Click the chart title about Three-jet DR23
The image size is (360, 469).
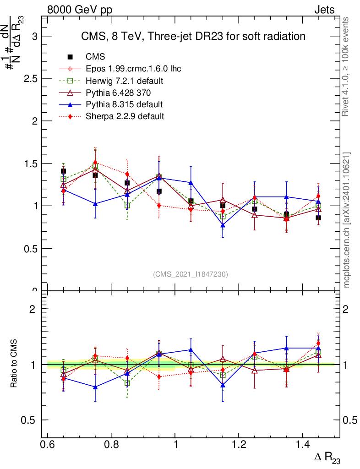(x=193, y=36)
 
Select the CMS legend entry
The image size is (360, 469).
(x=95, y=57)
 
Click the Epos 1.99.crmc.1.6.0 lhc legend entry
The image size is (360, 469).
(x=133, y=69)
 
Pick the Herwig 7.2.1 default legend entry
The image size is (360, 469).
(x=125, y=81)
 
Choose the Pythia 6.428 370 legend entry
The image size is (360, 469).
(x=118, y=93)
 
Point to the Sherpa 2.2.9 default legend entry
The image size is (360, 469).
(x=125, y=116)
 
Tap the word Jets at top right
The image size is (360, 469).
(x=324, y=10)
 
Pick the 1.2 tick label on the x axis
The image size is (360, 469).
(x=239, y=445)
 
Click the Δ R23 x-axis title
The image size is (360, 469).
(x=327, y=458)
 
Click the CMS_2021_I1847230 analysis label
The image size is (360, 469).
(x=191, y=274)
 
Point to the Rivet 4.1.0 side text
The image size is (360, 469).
(x=347, y=66)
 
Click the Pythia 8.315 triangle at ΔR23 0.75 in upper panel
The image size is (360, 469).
(x=95, y=204)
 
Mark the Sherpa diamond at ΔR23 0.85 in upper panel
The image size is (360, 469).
(x=127, y=175)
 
